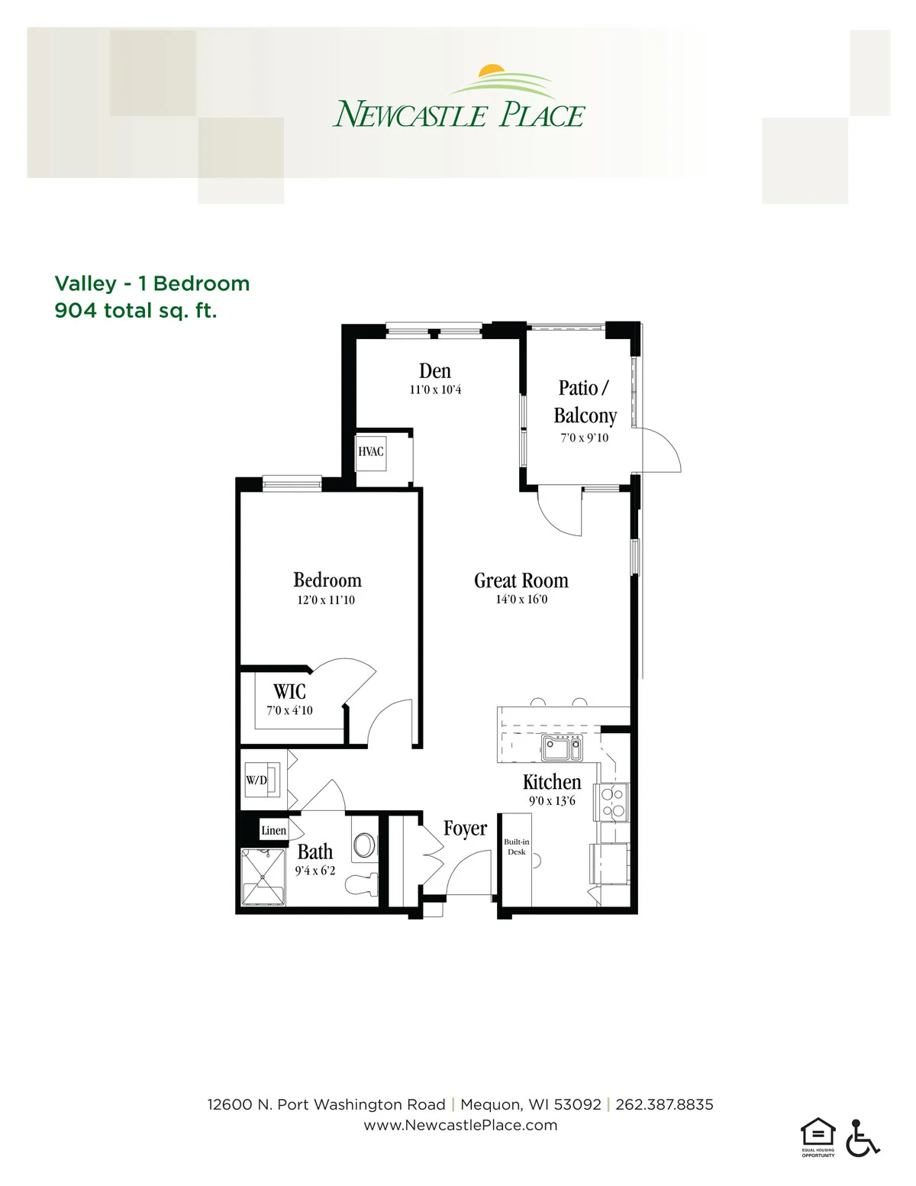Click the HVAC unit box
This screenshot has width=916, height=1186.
(x=371, y=452)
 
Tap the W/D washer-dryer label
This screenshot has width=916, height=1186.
(x=256, y=780)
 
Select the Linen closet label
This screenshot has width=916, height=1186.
(x=273, y=830)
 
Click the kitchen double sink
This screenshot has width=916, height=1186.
(x=562, y=748)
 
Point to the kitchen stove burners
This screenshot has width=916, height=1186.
(x=613, y=803)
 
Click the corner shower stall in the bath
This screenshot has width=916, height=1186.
(x=263, y=877)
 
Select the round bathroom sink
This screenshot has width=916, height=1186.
(x=364, y=845)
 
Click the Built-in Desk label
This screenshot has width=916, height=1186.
(x=516, y=846)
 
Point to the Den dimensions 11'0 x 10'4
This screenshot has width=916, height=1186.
(x=435, y=389)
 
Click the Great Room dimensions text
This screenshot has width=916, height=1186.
(x=521, y=599)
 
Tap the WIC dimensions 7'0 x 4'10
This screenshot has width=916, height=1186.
(x=290, y=710)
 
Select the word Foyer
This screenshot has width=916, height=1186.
(x=465, y=829)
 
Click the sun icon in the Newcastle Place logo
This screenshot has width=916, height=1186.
(x=492, y=70)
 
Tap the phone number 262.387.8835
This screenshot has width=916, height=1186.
(x=664, y=1105)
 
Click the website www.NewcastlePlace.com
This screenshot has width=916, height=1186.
(x=460, y=1126)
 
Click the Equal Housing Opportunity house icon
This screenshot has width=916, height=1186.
(x=818, y=1133)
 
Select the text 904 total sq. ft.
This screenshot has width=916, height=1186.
(x=136, y=311)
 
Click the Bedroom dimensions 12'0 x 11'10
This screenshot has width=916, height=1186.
(x=326, y=599)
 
